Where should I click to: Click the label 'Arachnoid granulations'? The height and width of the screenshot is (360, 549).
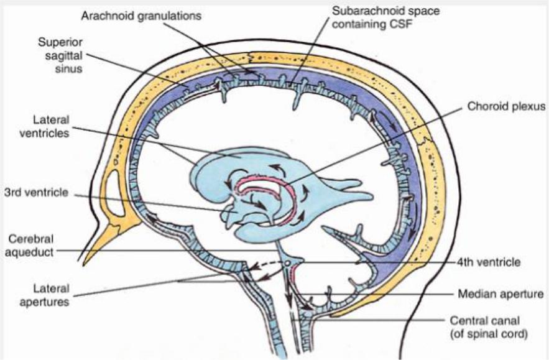pyautogui.click(x=141, y=16)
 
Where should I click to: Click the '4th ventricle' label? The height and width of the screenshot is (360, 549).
pyautogui.click(x=486, y=262)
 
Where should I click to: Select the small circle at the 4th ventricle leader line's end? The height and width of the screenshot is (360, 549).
pyautogui.click(x=288, y=263)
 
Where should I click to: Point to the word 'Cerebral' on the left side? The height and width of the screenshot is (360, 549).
pyautogui.click(x=25, y=239)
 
